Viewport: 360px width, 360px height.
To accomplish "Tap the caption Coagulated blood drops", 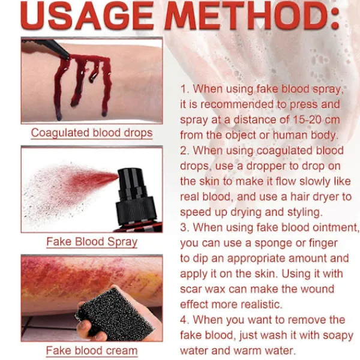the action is click(x=92, y=133).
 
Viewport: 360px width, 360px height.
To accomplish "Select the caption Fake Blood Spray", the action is click(x=92, y=242).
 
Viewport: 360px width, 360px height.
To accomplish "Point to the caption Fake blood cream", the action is click(x=92, y=351).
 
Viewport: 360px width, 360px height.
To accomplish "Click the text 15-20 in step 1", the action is click(x=308, y=120).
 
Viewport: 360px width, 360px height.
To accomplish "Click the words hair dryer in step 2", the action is click(x=318, y=197).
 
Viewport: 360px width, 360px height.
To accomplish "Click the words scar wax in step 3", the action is click(x=203, y=289).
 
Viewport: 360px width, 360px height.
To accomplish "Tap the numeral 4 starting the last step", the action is click(x=184, y=320).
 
